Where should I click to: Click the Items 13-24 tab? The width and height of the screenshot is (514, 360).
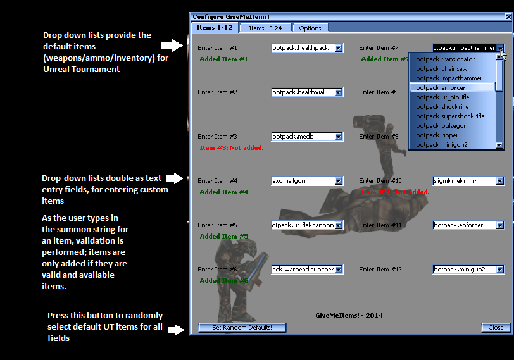tap(265, 28)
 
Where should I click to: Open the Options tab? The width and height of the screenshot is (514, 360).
tap(310, 28)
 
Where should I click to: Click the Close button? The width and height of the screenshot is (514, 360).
tap(496, 327)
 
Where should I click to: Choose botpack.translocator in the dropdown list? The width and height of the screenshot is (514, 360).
tap(445, 59)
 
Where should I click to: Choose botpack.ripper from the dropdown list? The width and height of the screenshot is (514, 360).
tap(437, 135)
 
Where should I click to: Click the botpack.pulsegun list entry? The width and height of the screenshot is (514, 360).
tap(441, 125)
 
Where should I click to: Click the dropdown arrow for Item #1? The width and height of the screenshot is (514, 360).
tap(339, 48)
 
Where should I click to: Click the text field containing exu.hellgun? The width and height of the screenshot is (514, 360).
tap(302, 181)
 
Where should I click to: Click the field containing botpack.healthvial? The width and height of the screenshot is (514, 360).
tap(302, 92)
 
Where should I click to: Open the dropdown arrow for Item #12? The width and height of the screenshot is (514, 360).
tap(500, 270)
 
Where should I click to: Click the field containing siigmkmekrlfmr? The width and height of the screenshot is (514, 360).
tap(463, 181)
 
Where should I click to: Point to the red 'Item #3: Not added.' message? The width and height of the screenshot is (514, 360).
tap(231, 148)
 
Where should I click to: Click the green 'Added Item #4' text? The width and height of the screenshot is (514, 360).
tap(223, 192)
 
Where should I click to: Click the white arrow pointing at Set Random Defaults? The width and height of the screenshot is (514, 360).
tap(175, 329)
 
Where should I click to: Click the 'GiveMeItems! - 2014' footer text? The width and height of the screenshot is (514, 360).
tap(349, 315)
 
